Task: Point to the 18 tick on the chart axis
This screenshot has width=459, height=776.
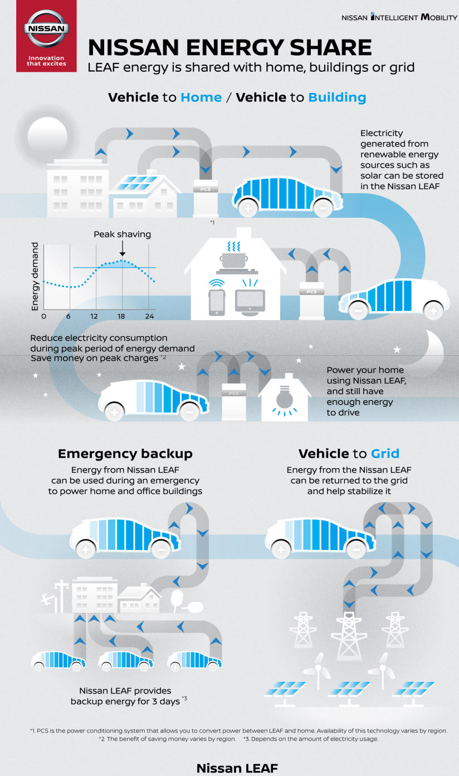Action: pyautogui.click(x=122, y=316)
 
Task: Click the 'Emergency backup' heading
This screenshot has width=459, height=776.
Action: pyautogui.click(x=125, y=454)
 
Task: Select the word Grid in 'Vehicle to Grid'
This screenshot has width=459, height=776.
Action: pyautogui.click(x=385, y=453)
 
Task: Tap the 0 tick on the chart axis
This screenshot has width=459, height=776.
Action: pyautogui.click(x=44, y=316)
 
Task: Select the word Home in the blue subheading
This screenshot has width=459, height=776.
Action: pyautogui.click(x=201, y=97)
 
